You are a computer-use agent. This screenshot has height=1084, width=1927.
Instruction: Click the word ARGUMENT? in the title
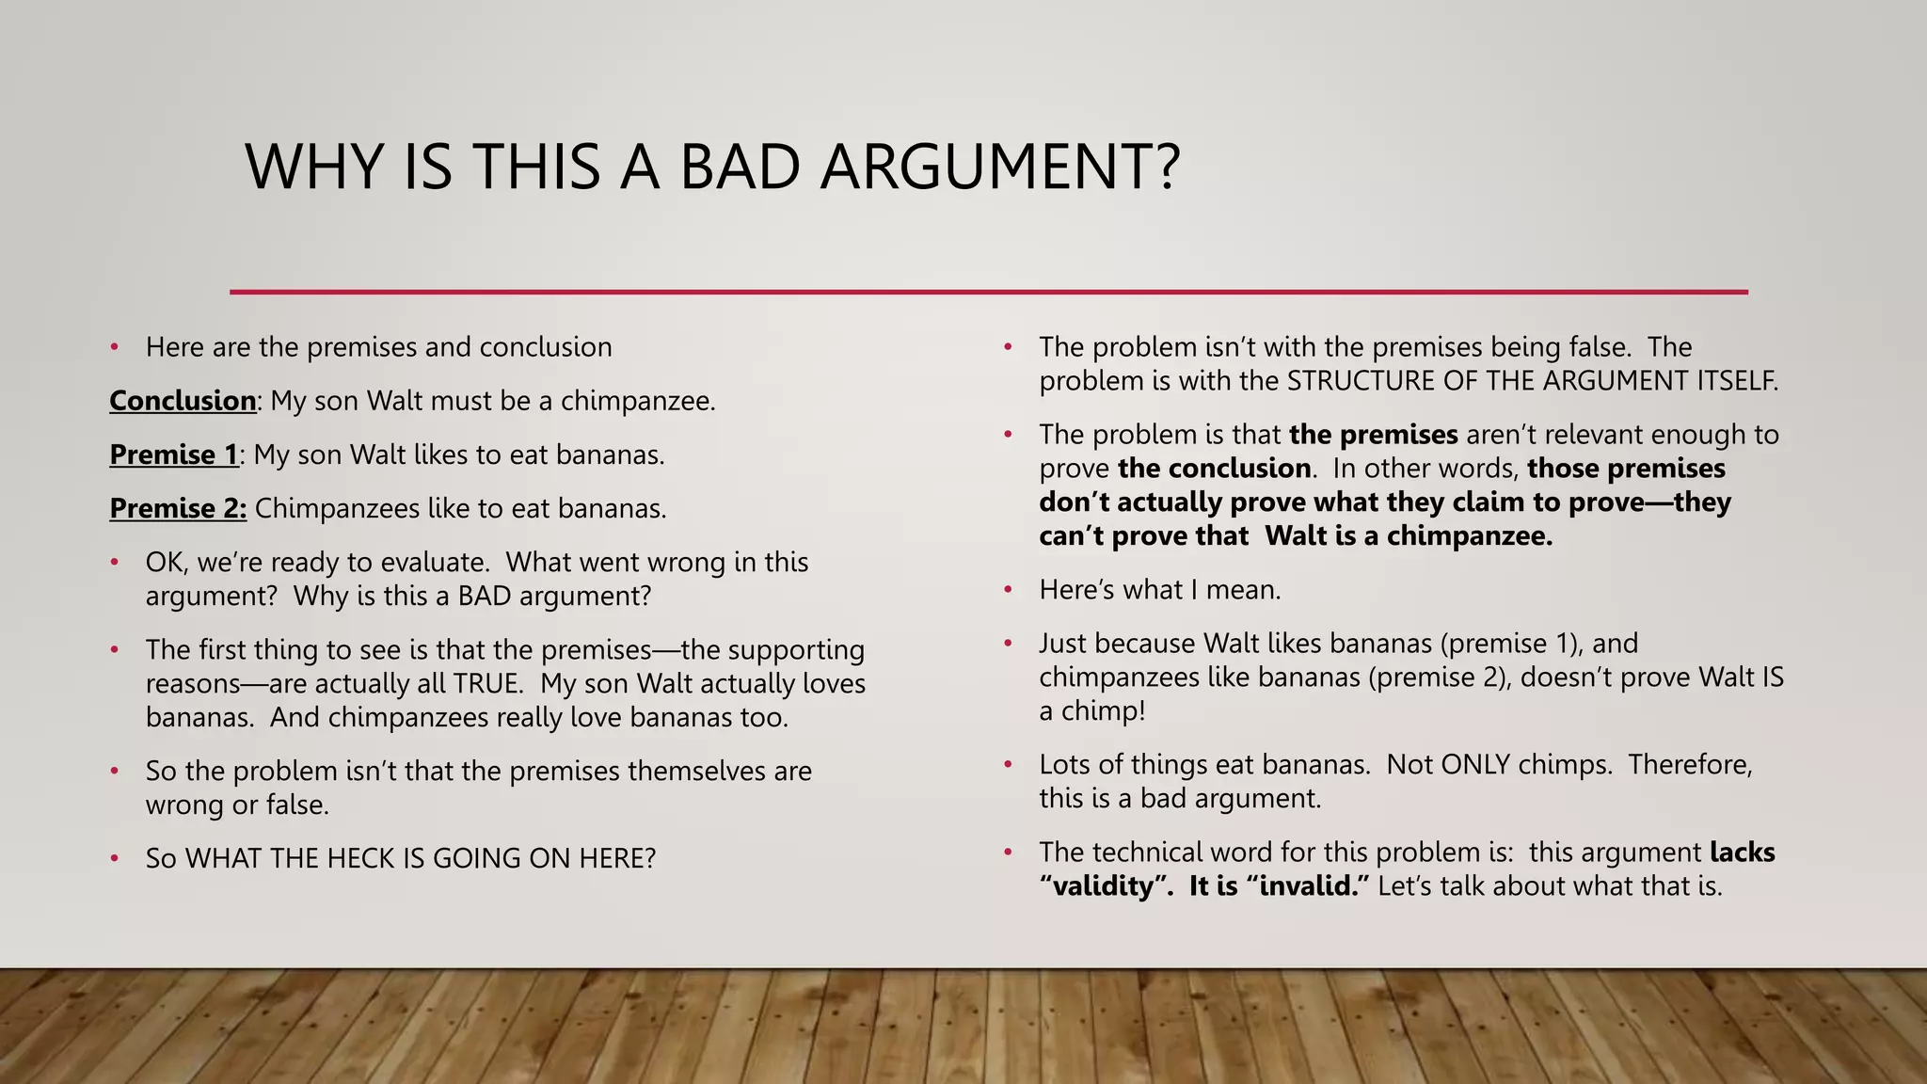(999, 167)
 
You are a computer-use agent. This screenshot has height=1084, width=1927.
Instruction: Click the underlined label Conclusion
(183, 401)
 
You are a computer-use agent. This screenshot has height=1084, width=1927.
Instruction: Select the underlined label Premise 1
(174, 454)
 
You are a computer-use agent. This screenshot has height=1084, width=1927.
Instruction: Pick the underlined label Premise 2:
(178, 508)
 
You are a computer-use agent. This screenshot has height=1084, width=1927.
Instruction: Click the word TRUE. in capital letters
(487, 683)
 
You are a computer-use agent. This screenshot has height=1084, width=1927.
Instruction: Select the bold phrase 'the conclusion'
(1214, 469)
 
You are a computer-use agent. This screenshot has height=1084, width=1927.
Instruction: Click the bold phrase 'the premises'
(1373, 435)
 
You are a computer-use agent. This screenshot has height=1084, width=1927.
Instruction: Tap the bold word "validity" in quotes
(1106, 886)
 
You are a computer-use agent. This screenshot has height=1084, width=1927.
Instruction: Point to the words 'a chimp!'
(1091, 710)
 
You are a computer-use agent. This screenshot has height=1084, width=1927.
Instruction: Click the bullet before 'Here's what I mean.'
(1008, 590)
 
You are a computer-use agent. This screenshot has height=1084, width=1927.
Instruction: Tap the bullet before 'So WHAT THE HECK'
(114, 858)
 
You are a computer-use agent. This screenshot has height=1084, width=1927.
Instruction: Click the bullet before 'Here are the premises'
(114, 347)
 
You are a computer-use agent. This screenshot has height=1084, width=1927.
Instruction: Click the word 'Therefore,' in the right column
(1690, 764)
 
